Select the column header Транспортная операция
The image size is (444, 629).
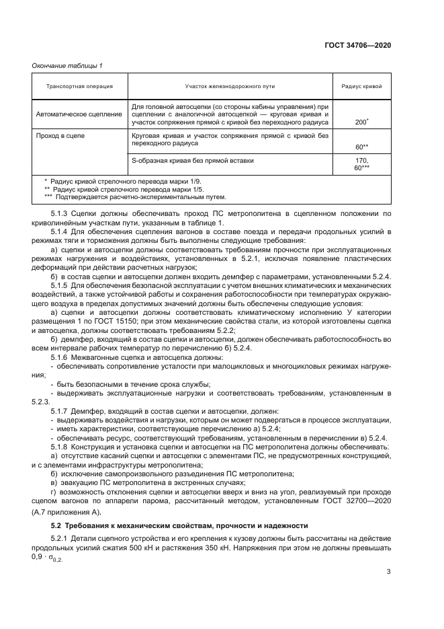[79, 87]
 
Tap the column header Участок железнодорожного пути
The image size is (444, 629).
[230, 87]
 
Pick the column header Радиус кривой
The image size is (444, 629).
[361, 87]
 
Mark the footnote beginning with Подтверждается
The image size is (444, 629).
[138, 197]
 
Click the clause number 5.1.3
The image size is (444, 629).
[60, 213]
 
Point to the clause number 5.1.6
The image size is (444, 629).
[60, 358]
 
